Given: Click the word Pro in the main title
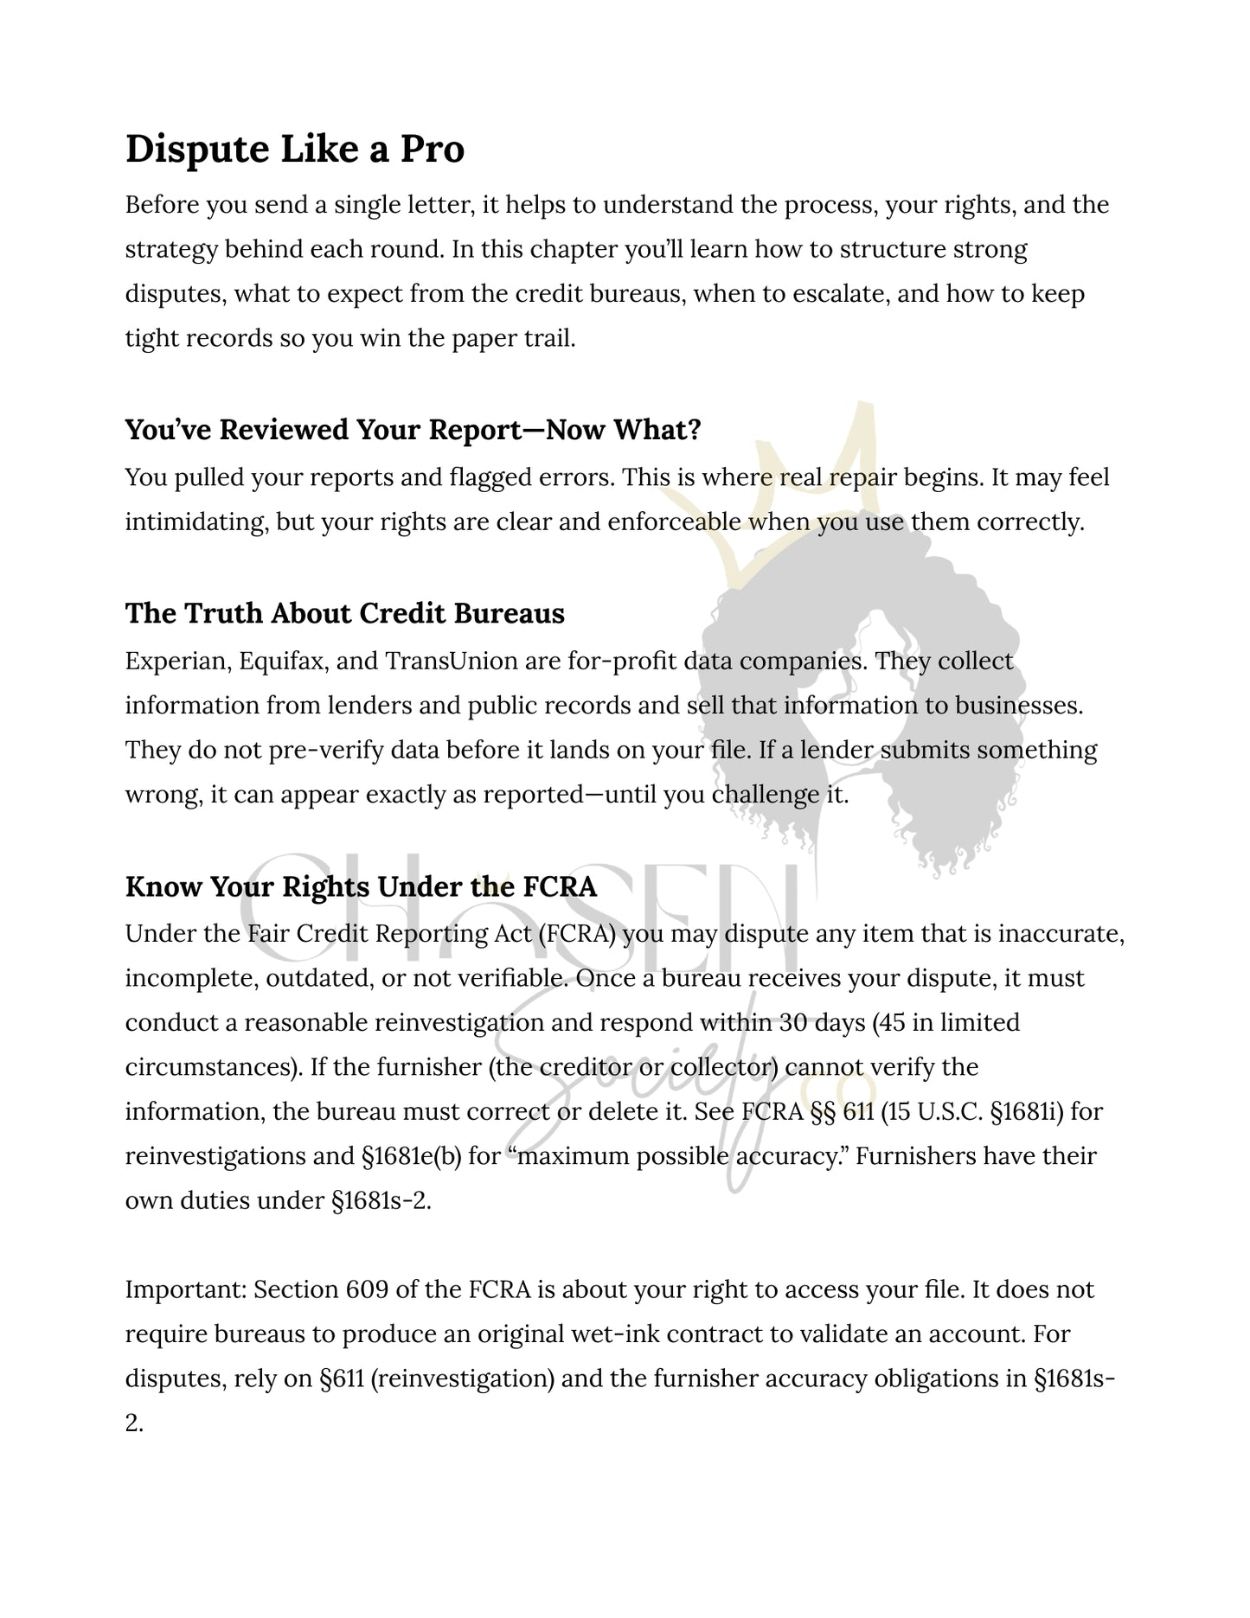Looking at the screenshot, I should (432, 149).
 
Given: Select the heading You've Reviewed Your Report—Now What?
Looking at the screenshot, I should (413, 430).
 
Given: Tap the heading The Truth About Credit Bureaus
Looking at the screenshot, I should (344, 613).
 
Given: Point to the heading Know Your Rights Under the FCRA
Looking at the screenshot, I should (361, 887).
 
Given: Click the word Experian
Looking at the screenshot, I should (176, 662).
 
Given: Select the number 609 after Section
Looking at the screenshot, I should (367, 1290).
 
